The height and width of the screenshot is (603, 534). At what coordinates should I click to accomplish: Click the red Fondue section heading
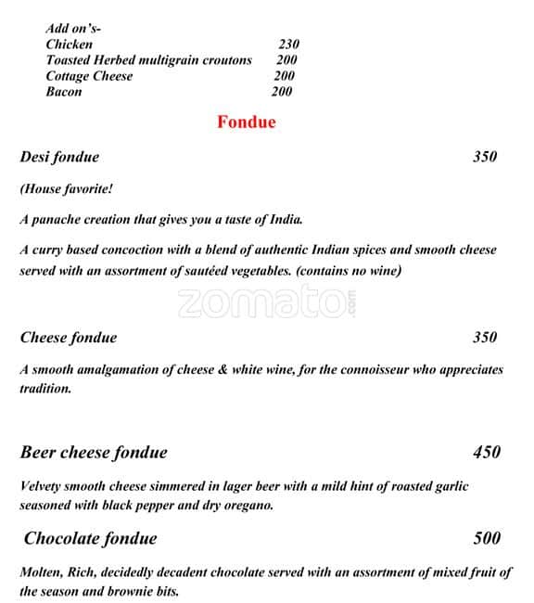click(246, 122)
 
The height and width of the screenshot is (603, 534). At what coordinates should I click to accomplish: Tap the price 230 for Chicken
click(288, 44)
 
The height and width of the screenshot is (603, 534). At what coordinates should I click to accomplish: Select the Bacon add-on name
click(64, 91)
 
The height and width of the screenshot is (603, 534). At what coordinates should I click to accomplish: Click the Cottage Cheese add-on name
click(89, 75)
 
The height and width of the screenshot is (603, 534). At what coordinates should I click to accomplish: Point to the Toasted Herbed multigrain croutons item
click(148, 59)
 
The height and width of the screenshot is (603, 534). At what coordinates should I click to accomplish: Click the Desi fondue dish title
click(59, 157)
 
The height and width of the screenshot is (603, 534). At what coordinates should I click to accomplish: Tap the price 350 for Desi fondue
click(485, 157)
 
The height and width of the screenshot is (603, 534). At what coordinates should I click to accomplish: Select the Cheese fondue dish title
click(69, 337)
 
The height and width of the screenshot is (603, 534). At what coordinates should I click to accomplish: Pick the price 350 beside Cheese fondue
click(485, 337)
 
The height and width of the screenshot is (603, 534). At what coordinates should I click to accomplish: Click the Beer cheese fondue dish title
click(94, 452)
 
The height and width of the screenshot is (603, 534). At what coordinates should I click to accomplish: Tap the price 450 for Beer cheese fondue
click(486, 452)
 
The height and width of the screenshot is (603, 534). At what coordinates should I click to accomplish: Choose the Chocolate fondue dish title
click(90, 538)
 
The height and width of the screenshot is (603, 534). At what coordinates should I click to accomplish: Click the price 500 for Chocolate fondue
click(486, 538)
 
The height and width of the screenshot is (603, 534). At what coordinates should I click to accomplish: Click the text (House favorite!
click(67, 189)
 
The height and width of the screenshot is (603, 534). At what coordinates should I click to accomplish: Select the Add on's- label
click(73, 29)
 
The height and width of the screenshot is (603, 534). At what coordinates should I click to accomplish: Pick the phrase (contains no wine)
click(349, 271)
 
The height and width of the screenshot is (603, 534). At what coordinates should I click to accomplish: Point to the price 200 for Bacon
click(282, 91)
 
